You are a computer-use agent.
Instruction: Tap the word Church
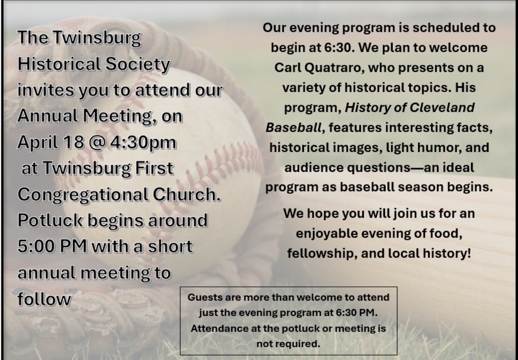186,195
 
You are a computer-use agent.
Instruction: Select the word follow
44,299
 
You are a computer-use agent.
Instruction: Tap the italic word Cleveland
442,108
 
